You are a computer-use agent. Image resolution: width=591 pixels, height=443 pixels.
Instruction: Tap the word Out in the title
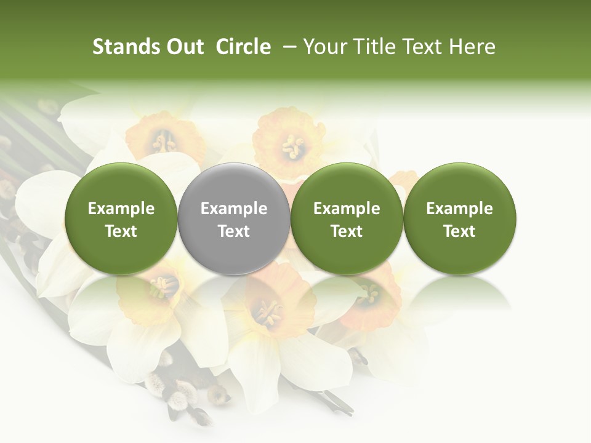pyautogui.click(x=185, y=47)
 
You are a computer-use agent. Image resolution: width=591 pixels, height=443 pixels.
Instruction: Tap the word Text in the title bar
pyautogui.click(x=425, y=47)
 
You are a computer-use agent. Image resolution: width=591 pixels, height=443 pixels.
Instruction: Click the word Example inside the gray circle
pyautogui.click(x=234, y=209)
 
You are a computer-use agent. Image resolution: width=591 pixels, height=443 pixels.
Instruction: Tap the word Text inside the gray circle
pyautogui.click(x=234, y=231)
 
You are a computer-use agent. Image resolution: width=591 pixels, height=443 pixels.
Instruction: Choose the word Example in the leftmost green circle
pyautogui.click(x=121, y=209)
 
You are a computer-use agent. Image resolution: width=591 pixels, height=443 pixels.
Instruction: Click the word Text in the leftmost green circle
pyautogui.click(x=121, y=231)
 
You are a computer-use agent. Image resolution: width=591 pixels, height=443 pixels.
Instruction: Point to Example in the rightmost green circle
pyautogui.click(x=459, y=209)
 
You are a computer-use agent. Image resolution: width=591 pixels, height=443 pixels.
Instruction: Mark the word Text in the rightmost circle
pyautogui.click(x=459, y=231)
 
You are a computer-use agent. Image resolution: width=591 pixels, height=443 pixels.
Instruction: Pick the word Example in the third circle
pyautogui.click(x=347, y=209)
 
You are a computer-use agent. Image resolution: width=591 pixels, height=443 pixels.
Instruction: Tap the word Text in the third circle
pyautogui.click(x=347, y=231)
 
